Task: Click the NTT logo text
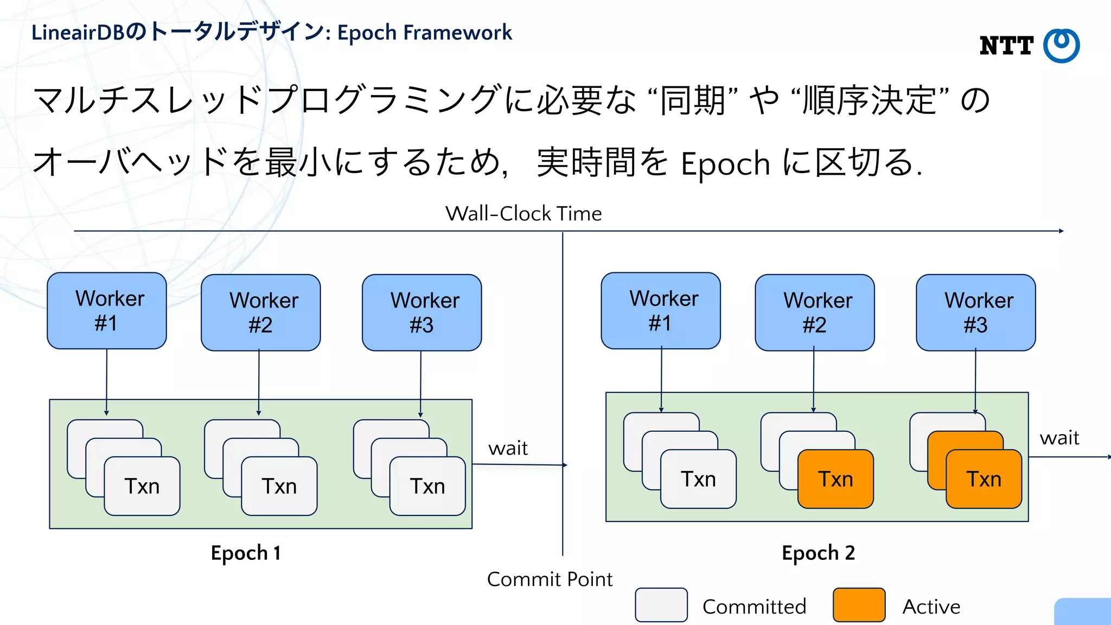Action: (x=1006, y=46)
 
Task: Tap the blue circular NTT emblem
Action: (x=1062, y=46)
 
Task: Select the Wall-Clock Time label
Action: (x=523, y=214)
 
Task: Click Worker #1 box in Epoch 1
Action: (x=107, y=311)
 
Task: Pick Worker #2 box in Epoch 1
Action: (x=261, y=312)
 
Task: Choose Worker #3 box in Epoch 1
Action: (x=422, y=312)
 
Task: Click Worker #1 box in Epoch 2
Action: (x=661, y=311)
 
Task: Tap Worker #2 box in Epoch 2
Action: (x=815, y=312)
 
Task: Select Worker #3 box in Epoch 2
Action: (x=976, y=312)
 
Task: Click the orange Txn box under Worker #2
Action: (x=835, y=479)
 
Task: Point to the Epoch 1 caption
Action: (x=246, y=553)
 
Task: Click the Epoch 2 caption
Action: (x=818, y=553)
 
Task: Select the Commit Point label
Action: (x=550, y=579)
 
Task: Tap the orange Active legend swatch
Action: (x=859, y=605)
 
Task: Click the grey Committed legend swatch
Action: (x=661, y=605)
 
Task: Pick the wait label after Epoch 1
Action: (x=508, y=448)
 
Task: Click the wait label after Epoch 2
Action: (x=1059, y=438)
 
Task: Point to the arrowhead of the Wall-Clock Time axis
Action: (x=1061, y=231)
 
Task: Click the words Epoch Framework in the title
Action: (x=425, y=33)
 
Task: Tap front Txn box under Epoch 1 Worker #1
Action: (x=142, y=486)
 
